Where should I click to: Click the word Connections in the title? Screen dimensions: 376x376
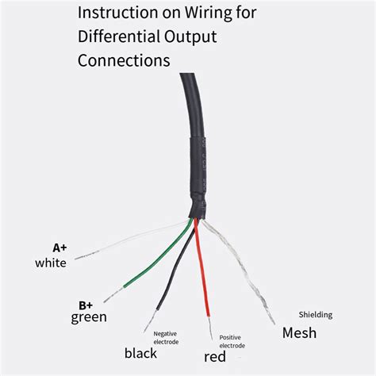pos(123,60)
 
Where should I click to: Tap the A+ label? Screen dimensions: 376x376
pos(60,247)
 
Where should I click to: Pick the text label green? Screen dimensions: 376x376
pos(90,318)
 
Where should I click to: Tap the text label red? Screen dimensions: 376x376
pos(214,357)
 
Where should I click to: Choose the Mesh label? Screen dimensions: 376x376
pos(300,332)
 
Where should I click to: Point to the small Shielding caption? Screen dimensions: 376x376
pos(316,314)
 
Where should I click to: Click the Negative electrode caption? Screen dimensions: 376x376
pos(165,338)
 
